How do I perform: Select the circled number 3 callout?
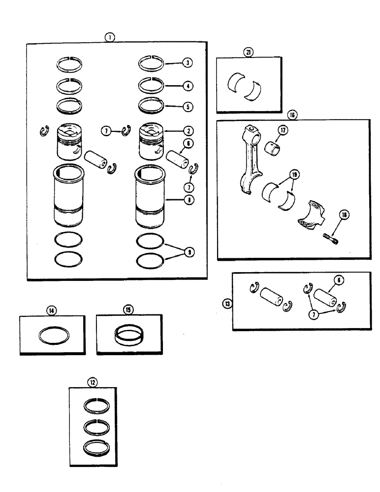(188, 63)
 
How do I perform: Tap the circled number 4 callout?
(188, 86)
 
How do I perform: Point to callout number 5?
(188, 106)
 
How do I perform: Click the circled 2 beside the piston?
(188, 131)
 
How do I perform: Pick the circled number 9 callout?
(188, 252)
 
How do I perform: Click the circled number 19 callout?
(294, 174)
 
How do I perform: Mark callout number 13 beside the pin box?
(227, 304)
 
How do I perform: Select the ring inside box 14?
(54, 336)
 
